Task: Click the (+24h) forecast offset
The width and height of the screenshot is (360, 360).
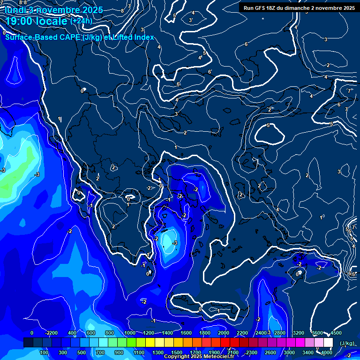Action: coord(82,21)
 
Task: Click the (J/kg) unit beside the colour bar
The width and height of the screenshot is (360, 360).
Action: coord(347,343)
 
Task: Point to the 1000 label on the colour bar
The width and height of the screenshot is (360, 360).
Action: coord(130,333)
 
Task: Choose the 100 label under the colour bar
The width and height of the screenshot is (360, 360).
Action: coord(45,352)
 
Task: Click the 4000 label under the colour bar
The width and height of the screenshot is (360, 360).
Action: coord(327,352)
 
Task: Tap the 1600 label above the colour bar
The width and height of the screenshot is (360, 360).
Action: coord(186,333)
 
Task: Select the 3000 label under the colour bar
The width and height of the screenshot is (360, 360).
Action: coord(289,352)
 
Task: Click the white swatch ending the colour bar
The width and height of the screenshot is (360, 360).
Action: coord(328,343)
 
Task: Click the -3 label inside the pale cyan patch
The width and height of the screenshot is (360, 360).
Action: coord(175,242)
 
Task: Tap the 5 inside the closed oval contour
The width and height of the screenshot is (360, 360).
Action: coord(268,125)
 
